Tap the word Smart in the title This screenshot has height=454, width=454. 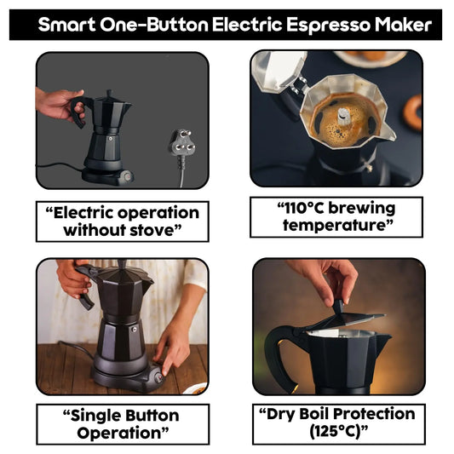coord(67,26)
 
